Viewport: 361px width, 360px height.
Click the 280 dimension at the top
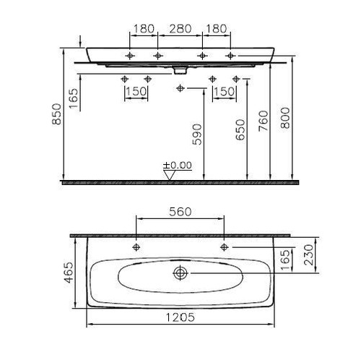180,29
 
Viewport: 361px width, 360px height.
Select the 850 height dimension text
56,114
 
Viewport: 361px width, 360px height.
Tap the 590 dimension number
197,134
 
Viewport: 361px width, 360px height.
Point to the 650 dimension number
240,129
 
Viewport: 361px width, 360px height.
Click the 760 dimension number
263,121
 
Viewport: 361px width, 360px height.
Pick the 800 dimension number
285,118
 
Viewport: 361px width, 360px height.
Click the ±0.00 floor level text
178,166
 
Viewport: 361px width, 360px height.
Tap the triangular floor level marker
170,175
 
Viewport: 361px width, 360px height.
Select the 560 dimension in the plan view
180,212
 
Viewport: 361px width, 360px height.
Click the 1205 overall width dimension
180,317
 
